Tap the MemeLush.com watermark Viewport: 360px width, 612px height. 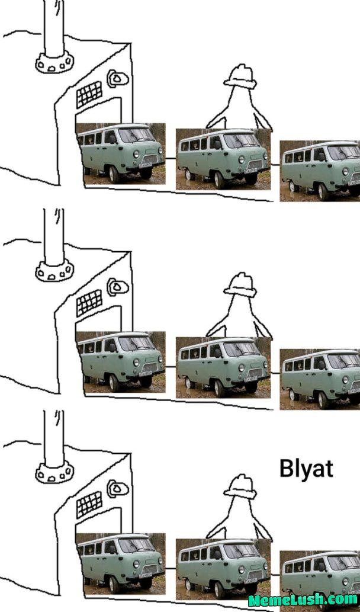(x=303, y=600)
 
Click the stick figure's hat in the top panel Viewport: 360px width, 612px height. (x=240, y=76)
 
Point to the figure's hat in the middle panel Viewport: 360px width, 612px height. (x=240, y=284)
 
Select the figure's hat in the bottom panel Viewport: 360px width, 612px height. (x=240, y=486)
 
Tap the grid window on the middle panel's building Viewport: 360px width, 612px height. (x=89, y=303)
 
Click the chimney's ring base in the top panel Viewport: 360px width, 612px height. (x=54, y=62)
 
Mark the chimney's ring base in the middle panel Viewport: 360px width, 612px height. (x=54, y=271)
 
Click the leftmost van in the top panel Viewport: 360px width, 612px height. (x=121, y=152)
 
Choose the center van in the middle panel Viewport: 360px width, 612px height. (x=223, y=367)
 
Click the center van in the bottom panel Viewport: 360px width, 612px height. (x=223, y=568)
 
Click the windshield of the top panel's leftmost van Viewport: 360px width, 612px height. (x=136, y=136)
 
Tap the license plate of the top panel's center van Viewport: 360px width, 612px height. (x=250, y=171)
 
